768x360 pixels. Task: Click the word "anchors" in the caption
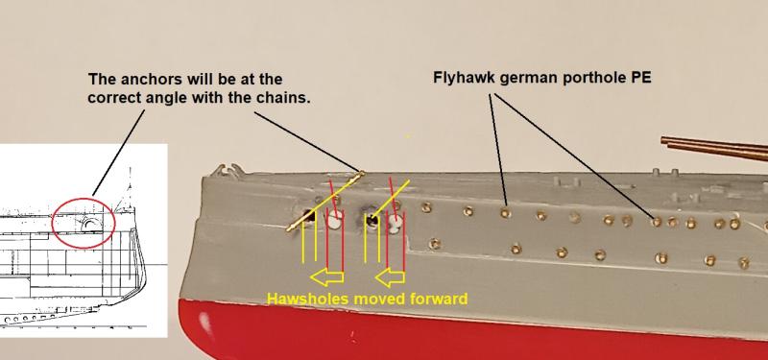[x=142, y=80]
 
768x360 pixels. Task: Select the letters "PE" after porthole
[x=642, y=78]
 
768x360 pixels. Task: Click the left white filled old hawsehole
[x=334, y=223]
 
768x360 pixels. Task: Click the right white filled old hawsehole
[x=396, y=222]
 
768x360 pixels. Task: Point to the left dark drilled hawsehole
[x=309, y=216]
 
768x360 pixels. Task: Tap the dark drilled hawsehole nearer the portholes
[x=372, y=220]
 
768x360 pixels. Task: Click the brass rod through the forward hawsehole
[x=324, y=202]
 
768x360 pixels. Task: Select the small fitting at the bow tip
[x=226, y=170]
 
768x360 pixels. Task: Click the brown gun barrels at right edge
[x=714, y=148]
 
